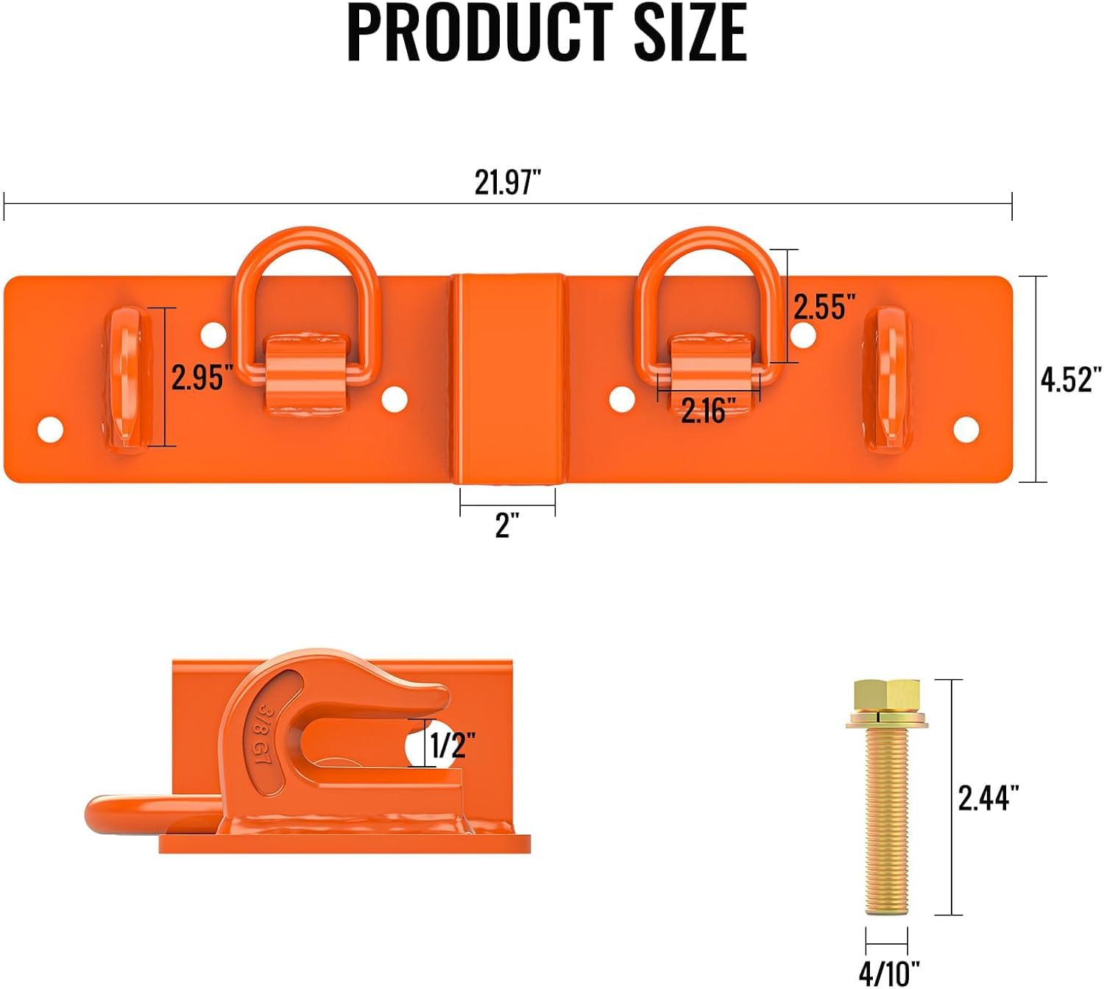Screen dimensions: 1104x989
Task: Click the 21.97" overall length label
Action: [507, 182]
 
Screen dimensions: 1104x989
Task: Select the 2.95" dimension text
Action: [202, 377]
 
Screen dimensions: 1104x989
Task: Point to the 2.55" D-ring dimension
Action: [824, 306]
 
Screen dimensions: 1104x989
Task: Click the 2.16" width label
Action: [708, 410]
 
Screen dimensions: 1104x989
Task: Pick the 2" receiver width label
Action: [507, 525]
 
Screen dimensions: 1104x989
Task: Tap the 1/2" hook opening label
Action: [453, 745]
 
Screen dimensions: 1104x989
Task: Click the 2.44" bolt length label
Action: [988, 798]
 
